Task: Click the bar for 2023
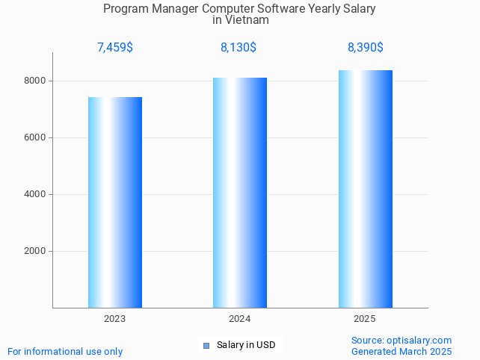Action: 115,202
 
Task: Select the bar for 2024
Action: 240,193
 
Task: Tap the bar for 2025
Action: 366,189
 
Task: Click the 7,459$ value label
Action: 115,48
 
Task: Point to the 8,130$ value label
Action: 239,48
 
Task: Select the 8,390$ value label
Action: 366,48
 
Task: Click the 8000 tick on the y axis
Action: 34,81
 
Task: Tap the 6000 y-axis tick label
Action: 34,137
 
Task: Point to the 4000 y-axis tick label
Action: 34,194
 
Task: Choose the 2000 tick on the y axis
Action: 34,251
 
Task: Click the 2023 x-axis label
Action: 115,319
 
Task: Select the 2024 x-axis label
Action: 240,319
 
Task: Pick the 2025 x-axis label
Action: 365,319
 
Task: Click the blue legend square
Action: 206,345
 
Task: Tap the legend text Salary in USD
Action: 246,345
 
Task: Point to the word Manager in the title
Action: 174,9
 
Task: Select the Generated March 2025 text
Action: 401,352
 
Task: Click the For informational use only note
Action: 65,352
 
